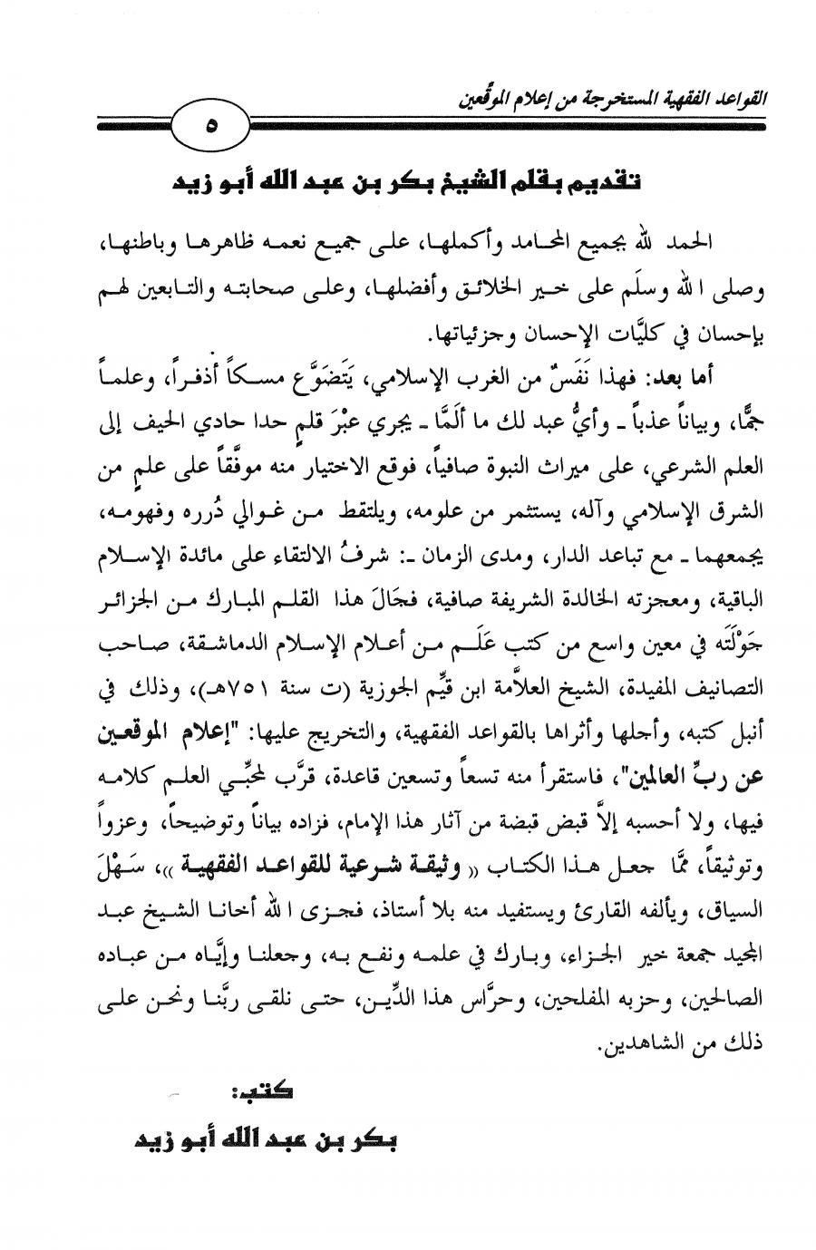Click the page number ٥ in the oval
point(209,126)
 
